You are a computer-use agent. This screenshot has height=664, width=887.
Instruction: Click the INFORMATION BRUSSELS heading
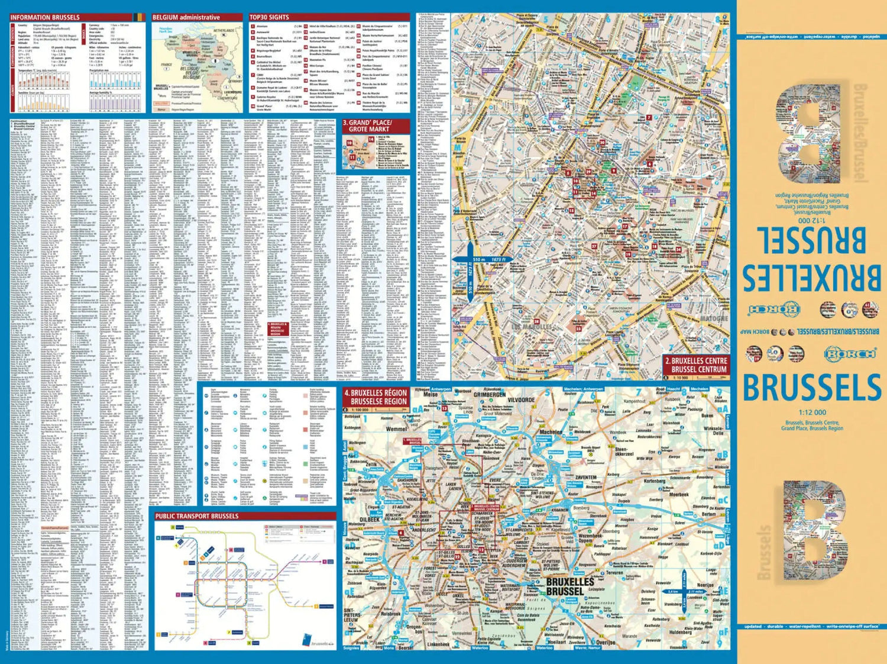click(x=45, y=18)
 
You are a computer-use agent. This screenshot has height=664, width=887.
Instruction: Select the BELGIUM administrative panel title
click(x=186, y=18)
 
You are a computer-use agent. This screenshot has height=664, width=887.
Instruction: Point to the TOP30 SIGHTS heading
click(x=269, y=18)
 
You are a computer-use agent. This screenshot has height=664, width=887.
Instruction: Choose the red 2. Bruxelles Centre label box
click(x=695, y=365)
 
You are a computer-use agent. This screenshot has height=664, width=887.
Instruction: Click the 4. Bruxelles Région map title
click(x=375, y=397)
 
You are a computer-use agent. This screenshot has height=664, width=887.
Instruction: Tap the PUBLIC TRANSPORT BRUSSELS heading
click(x=196, y=516)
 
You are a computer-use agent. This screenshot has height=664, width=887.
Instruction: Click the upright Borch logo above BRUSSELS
click(x=850, y=354)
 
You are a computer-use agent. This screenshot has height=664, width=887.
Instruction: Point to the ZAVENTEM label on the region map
click(x=585, y=477)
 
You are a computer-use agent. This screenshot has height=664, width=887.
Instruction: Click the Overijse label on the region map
click(x=606, y=642)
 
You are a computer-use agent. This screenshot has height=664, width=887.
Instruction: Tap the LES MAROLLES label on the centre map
click(x=531, y=327)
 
